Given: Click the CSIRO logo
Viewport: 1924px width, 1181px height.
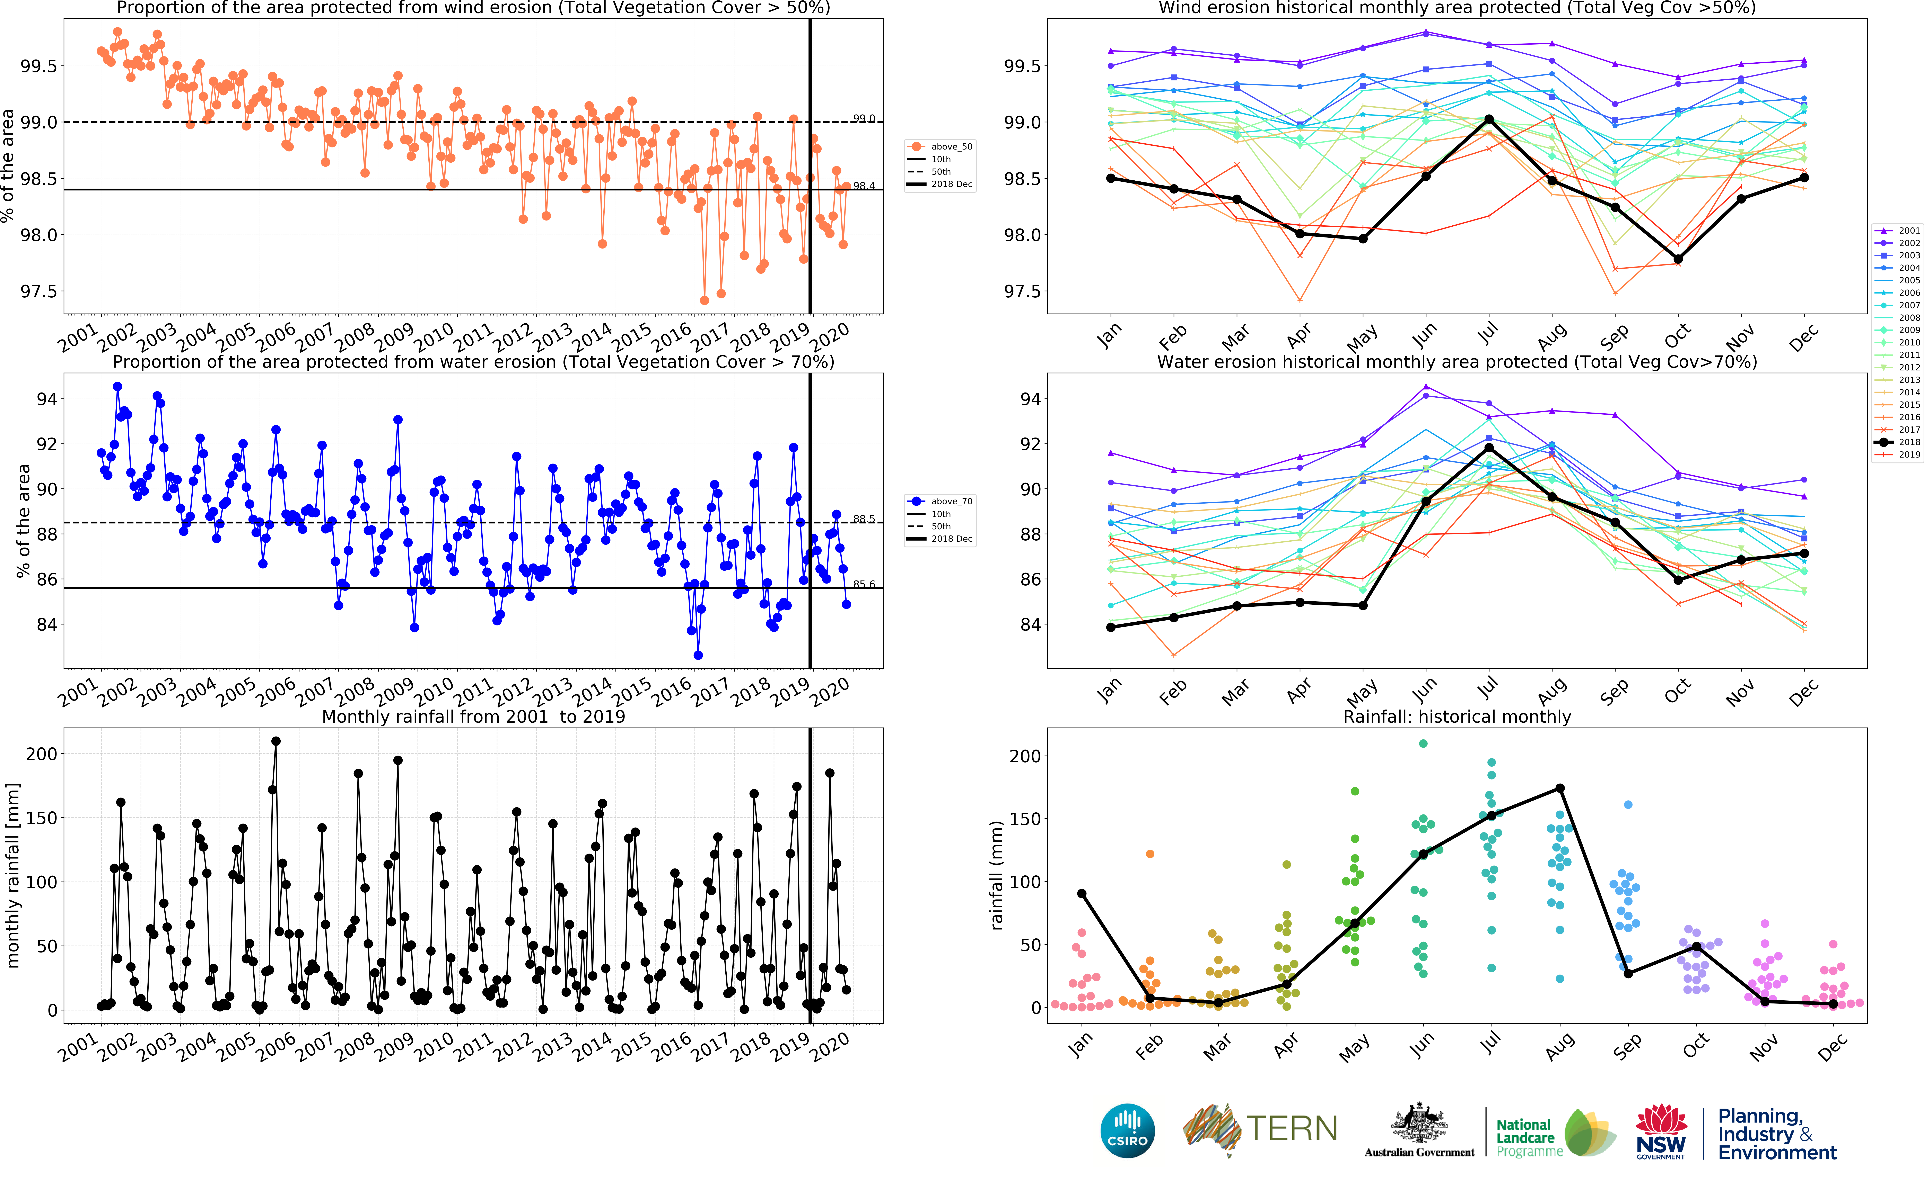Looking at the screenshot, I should (x=1127, y=1130).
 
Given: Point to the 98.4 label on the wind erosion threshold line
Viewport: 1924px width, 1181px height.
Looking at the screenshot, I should (x=864, y=186).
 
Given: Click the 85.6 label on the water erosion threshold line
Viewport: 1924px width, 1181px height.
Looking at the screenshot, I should (x=864, y=584).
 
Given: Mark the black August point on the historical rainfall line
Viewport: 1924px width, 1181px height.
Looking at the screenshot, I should (x=1560, y=788).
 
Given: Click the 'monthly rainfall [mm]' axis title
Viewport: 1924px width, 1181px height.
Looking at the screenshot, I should (x=12, y=875).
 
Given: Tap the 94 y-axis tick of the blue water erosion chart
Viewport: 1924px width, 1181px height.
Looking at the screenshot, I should (x=47, y=399).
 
